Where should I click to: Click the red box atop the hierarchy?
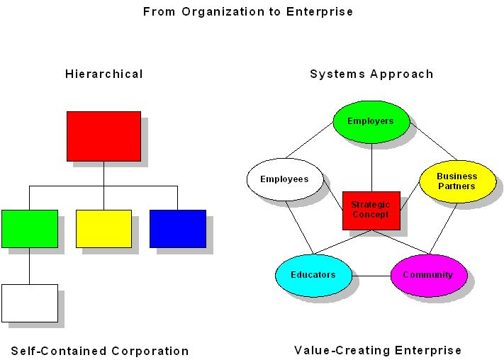[x=103, y=136]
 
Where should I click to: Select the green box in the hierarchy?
[x=30, y=228]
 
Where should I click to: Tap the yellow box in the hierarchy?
[x=103, y=228]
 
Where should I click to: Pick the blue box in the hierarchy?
[x=177, y=228]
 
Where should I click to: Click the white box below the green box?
[x=30, y=303]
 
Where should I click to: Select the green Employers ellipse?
[x=371, y=121]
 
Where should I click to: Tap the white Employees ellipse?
[x=284, y=179]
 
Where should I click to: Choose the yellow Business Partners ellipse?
[x=457, y=181]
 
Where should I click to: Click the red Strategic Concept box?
[x=371, y=210]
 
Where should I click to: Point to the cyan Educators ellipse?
[x=313, y=275]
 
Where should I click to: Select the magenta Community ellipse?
[x=428, y=275]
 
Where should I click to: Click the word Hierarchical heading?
[x=104, y=74]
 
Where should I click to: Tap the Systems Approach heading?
[x=371, y=74]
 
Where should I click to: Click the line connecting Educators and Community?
[x=371, y=275]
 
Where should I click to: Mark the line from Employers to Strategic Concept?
[x=371, y=167]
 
